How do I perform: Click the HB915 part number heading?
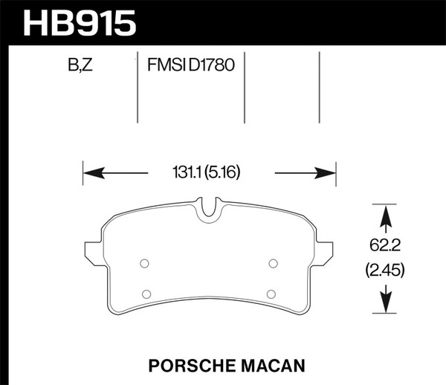[80, 22]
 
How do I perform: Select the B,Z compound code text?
[80, 65]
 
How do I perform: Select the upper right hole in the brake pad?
[273, 262]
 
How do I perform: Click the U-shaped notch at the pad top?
[209, 207]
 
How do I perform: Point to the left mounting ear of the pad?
[91, 250]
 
